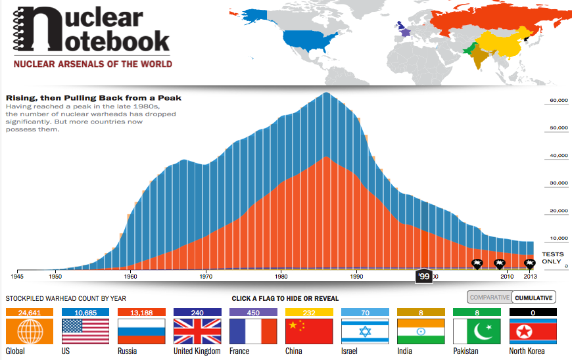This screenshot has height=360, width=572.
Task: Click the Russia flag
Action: pos(141,331)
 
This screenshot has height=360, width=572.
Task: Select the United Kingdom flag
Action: pos(197,331)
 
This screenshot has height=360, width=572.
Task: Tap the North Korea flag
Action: pos(533,331)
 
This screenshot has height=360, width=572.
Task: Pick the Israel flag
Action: pos(365,331)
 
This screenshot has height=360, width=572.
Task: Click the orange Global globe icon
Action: pos(28,331)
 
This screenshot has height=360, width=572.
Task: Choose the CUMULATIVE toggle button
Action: pos(533,298)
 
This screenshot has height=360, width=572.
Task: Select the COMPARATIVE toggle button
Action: pos(489,298)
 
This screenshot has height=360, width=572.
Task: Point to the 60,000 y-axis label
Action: pos(558,101)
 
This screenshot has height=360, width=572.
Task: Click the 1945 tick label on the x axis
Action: pos(17,276)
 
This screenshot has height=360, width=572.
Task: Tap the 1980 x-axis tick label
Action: pos(281,276)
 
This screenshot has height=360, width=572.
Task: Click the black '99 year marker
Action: pos(423,277)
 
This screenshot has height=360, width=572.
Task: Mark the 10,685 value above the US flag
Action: pos(85,313)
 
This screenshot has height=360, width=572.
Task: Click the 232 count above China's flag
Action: pos(309,313)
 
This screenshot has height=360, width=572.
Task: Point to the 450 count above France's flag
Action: pos(253,313)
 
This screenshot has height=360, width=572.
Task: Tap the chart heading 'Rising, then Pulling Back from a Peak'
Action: pos(93,98)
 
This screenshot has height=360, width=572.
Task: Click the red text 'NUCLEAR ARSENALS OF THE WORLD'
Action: pos(93,64)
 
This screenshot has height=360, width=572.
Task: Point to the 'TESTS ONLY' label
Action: pos(552,258)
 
